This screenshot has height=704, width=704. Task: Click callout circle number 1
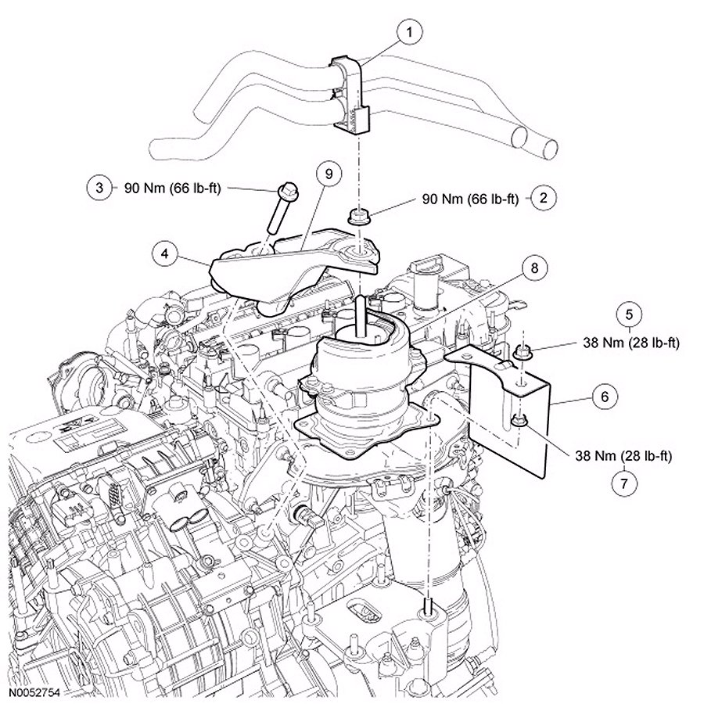(x=409, y=33)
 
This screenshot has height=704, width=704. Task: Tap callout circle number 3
(x=99, y=189)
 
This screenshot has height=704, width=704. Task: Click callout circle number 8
(x=534, y=269)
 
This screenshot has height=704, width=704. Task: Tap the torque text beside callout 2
(x=471, y=199)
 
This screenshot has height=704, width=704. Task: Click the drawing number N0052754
(x=35, y=693)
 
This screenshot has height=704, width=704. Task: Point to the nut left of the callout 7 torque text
(x=518, y=423)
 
